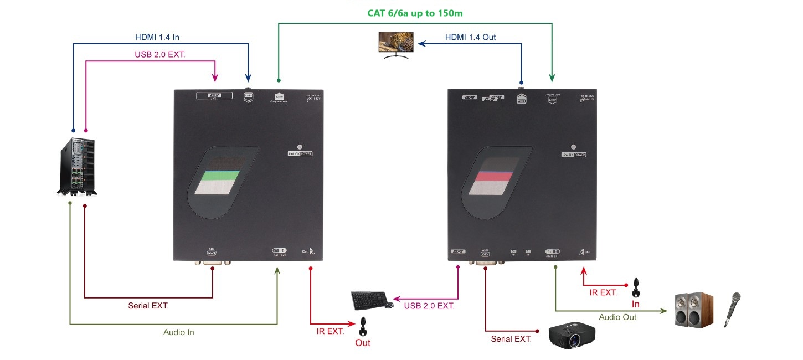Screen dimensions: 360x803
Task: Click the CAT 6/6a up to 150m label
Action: tap(414, 12)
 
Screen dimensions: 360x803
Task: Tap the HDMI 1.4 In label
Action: tap(157, 38)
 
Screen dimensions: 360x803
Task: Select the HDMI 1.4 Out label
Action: tap(470, 38)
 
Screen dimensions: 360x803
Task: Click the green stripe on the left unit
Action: tap(220, 177)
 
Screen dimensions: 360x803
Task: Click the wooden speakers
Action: tap(693, 308)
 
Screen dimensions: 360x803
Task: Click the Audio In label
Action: tap(178, 332)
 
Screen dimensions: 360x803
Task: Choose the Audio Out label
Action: tap(617, 317)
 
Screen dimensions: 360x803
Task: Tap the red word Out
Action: tap(363, 343)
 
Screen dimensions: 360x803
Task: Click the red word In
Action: tap(636, 304)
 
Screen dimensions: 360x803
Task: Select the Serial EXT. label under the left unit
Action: tap(148, 305)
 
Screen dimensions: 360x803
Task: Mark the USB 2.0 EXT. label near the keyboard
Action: tap(429, 305)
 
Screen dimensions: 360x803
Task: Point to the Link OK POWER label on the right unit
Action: tap(574, 155)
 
